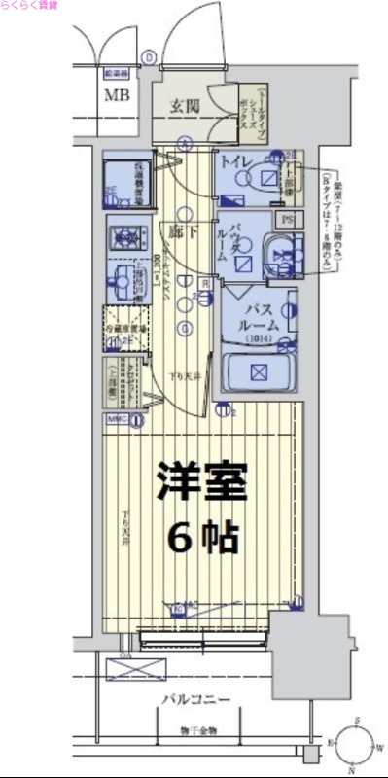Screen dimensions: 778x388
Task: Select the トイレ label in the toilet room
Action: (x=237, y=161)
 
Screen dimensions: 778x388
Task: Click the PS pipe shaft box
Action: (x=287, y=220)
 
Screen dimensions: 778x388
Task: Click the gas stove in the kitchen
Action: (x=124, y=235)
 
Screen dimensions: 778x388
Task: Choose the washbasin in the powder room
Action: (x=280, y=255)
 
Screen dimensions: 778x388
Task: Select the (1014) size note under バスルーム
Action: (x=257, y=338)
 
